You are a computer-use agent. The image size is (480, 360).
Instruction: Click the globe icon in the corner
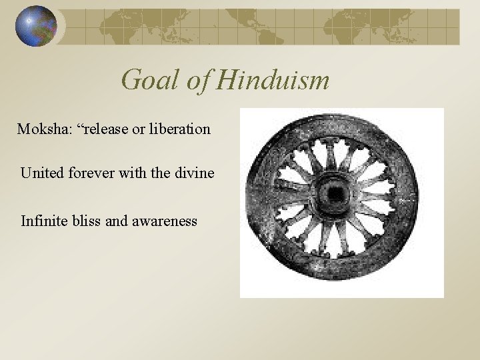coord(36,26)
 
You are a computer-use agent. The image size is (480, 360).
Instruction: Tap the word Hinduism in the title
coord(274,80)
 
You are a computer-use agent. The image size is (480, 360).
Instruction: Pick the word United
coord(42,173)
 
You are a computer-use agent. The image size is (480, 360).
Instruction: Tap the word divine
coord(193,173)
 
